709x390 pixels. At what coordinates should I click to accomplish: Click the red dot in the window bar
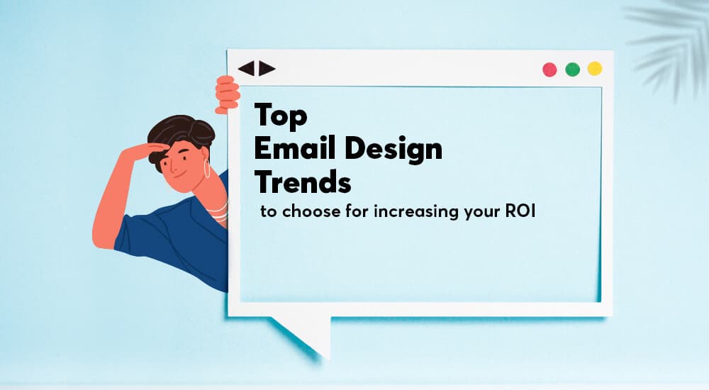(x=549, y=69)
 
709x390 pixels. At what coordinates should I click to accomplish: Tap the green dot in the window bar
(x=572, y=69)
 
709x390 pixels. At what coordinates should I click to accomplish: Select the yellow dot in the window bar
(x=595, y=69)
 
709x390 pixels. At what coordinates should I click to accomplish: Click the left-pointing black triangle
(x=246, y=69)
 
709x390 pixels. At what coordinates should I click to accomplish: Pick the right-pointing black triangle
(x=267, y=69)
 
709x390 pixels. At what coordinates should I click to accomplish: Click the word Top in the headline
(x=281, y=116)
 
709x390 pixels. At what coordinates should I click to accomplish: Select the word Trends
(x=303, y=182)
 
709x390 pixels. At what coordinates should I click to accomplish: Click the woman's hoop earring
(x=208, y=170)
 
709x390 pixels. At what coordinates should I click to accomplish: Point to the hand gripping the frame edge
(x=228, y=95)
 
